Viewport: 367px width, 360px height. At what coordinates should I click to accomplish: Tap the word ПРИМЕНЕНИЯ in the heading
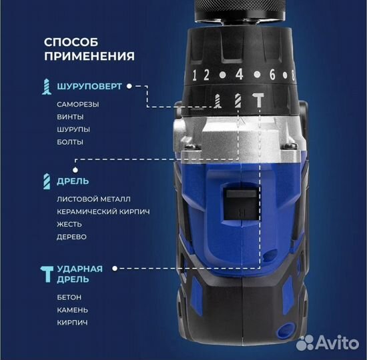pos(89,56)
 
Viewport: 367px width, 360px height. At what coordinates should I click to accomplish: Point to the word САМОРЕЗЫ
pos(77,105)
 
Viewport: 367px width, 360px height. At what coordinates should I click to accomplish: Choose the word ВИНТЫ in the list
pos(70,117)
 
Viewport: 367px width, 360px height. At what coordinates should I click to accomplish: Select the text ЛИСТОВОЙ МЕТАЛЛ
pos(94,199)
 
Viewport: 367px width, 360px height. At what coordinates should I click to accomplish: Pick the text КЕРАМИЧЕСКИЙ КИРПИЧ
pos(103,211)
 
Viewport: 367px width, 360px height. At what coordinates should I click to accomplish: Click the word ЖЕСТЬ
pos(70,224)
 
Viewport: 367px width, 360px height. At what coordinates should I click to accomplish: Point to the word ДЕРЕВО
pos(71,236)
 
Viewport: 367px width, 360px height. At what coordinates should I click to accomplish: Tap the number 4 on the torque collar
pos(238,75)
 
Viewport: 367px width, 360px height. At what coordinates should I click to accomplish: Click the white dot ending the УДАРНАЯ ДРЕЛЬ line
pos(115,269)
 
